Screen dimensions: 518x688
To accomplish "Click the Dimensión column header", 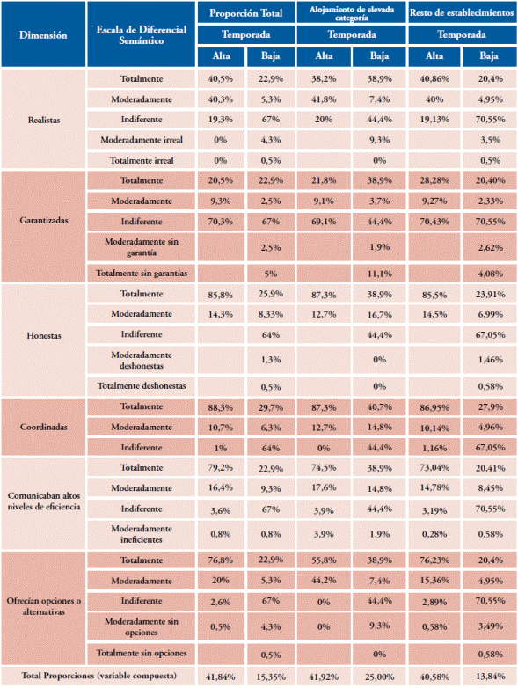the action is pyautogui.click(x=43, y=35).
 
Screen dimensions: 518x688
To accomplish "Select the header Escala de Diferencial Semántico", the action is pyautogui.click(x=142, y=35).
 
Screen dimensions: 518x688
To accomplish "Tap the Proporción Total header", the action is pyautogui.click(x=245, y=12).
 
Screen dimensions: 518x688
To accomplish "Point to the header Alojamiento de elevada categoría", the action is pyautogui.click(x=351, y=13).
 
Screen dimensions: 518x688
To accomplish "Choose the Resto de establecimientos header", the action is pyautogui.click(x=462, y=12).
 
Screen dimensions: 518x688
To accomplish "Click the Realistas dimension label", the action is pyautogui.click(x=43, y=120).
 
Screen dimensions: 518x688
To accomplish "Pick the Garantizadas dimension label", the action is pyautogui.click(x=43, y=220).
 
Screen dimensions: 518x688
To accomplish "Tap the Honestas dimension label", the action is pyautogui.click(x=43, y=336).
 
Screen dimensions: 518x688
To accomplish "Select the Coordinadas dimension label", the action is pyautogui.click(x=43, y=427).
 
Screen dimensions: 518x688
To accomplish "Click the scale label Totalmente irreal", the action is pyautogui.click(x=142, y=161).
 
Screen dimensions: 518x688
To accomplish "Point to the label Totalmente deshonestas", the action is pyautogui.click(x=142, y=386).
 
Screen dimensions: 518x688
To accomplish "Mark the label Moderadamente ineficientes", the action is pyautogui.click(x=142, y=534).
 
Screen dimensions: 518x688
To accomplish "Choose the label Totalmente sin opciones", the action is pyautogui.click(x=142, y=653).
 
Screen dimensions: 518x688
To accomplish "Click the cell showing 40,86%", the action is pyautogui.click(x=434, y=79).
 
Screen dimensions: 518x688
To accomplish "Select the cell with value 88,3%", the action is pyautogui.click(x=220, y=407).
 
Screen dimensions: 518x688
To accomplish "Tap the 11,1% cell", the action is pyautogui.click(x=379, y=274).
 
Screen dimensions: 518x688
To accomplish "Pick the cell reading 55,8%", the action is pyautogui.click(x=324, y=560).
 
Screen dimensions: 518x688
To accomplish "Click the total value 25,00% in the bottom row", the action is pyautogui.click(x=379, y=677).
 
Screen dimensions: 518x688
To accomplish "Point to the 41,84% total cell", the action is pyautogui.click(x=220, y=677).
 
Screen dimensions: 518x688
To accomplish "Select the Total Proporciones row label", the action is pyautogui.click(x=98, y=676).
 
